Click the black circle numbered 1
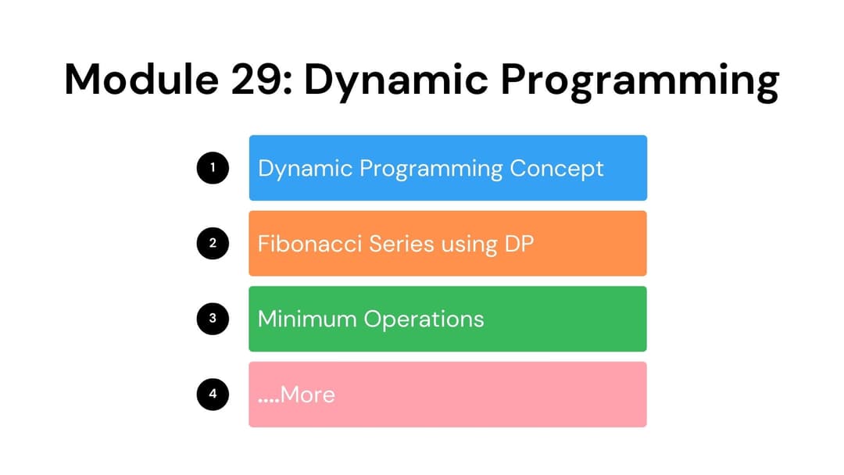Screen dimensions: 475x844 pyautogui.click(x=213, y=168)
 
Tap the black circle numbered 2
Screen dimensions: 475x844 pyautogui.click(x=213, y=243)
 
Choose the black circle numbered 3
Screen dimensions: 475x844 pyautogui.click(x=213, y=319)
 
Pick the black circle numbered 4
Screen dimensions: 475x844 pyautogui.click(x=213, y=395)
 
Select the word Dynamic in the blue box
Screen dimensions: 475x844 pyautogui.click(x=305, y=169)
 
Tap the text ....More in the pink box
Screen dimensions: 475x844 pyautogui.click(x=296, y=395)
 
